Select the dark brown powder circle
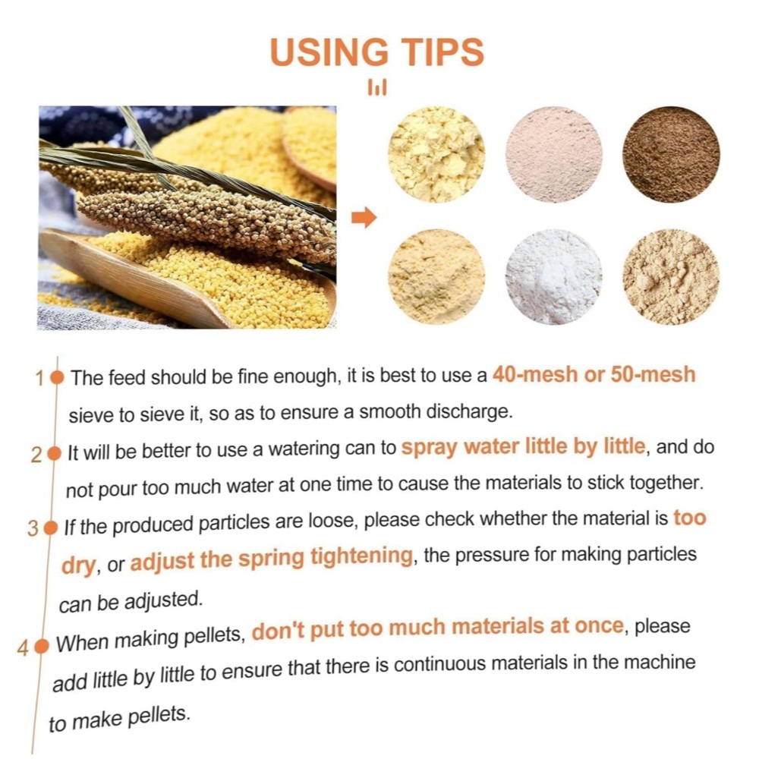(672, 154)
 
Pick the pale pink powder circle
(554, 154)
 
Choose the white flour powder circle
(554, 277)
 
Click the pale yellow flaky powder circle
(436, 154)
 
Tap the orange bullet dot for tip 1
(57, 378)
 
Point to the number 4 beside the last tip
(23, 649)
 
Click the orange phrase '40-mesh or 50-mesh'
(594, 375)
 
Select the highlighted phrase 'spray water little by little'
(524, 446)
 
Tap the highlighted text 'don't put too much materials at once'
(438, 628)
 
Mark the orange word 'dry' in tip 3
(79, 565)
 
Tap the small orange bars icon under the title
(377, 87)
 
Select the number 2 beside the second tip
(36, 455)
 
